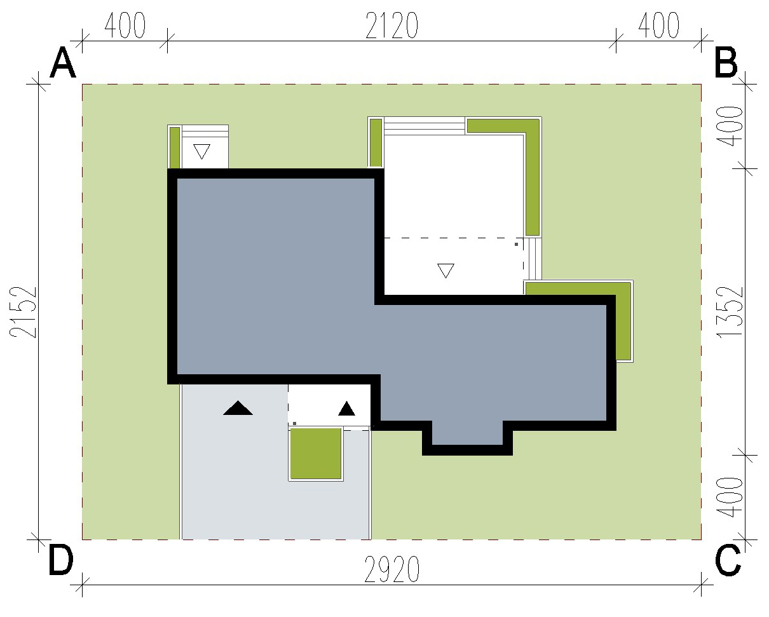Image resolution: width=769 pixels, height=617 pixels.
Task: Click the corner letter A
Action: tap(63, 64)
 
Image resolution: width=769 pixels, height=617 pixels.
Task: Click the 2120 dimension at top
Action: tap(392, 25)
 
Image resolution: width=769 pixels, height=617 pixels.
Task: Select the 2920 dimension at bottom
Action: tap(391, 569)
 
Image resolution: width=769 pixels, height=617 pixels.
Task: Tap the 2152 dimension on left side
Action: tap(23, 312)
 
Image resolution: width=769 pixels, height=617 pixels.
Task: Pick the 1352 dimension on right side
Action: tap(730, 312)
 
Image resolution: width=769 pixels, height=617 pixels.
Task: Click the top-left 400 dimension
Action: tap(125, 25)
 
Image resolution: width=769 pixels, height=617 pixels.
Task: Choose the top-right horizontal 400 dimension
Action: tap(658, 25)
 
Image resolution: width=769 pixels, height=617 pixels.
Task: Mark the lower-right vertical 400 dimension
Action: tap(730, 498)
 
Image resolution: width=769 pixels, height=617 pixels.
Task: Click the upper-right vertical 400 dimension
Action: tap(730, 126)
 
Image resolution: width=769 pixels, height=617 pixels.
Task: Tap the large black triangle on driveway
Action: tap(238, 408)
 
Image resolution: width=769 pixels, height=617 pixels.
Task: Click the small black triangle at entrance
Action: tap(346, 409)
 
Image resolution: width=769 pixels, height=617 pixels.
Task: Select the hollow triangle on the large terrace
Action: tap(446, 271)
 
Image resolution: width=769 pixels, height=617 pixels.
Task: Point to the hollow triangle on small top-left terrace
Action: tap(201, 151)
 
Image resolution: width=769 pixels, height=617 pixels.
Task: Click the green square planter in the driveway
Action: tap(316, 454)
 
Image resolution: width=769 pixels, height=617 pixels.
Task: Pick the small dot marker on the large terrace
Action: tap(516, 245)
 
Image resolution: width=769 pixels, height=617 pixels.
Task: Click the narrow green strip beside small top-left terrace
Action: tap(174, 147)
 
